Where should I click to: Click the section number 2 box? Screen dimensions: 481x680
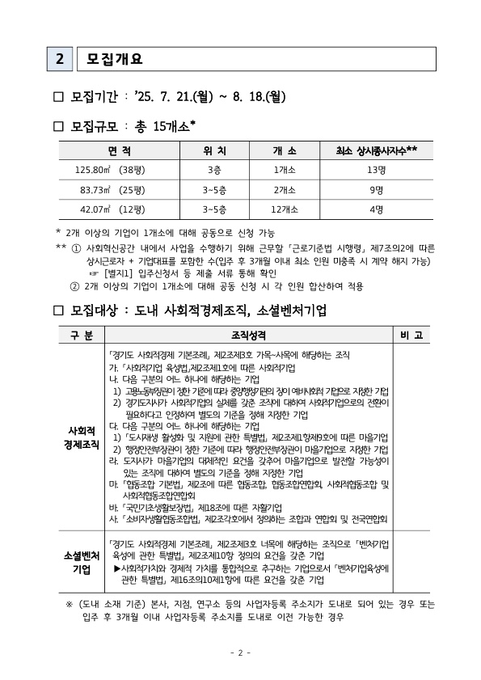pos(59,58)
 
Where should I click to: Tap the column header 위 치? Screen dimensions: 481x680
pos(214,150)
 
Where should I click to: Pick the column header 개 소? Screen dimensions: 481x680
pos(285,150)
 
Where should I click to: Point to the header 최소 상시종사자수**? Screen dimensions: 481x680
pos(376,150)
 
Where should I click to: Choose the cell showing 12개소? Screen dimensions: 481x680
pos(285,209)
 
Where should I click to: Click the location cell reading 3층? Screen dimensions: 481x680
pos(214,170)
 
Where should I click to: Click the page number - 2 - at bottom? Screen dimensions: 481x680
pos(241,652)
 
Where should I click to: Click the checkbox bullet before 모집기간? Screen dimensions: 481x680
pos(58,97)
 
